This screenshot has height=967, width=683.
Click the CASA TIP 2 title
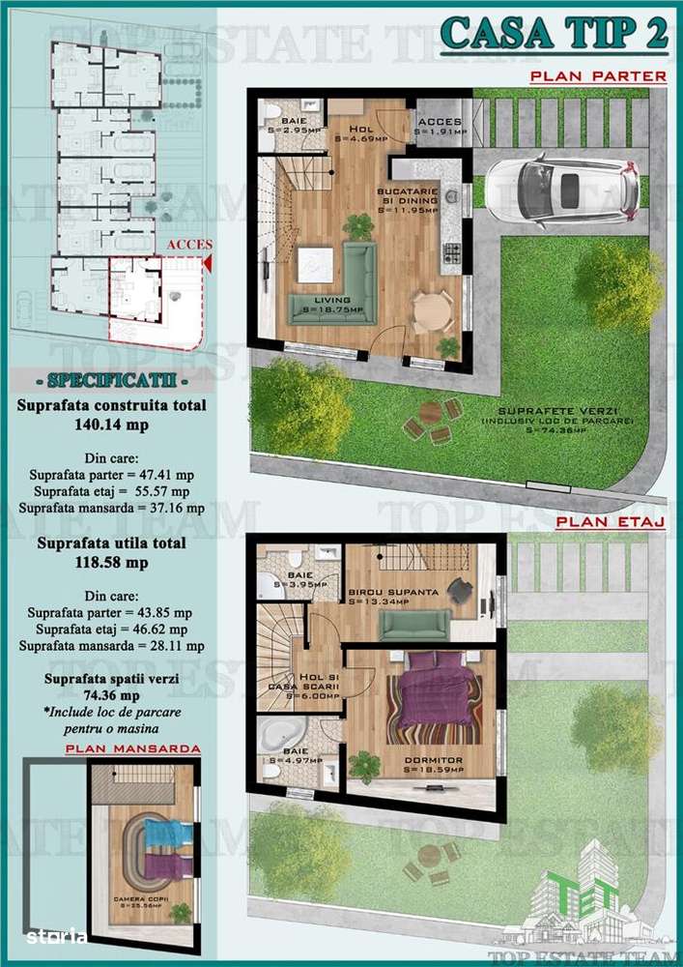click(555, 33)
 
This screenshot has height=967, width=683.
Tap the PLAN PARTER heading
click(597, 75)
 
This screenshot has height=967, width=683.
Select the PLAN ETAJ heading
click(610, 522)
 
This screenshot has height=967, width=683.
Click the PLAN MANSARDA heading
click(133, 748)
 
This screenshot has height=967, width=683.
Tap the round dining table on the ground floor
click(431, 310)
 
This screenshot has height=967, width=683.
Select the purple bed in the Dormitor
click(432, 693)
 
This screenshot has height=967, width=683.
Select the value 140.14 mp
click(111, 424)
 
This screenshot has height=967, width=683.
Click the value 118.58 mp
click(111, 563)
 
